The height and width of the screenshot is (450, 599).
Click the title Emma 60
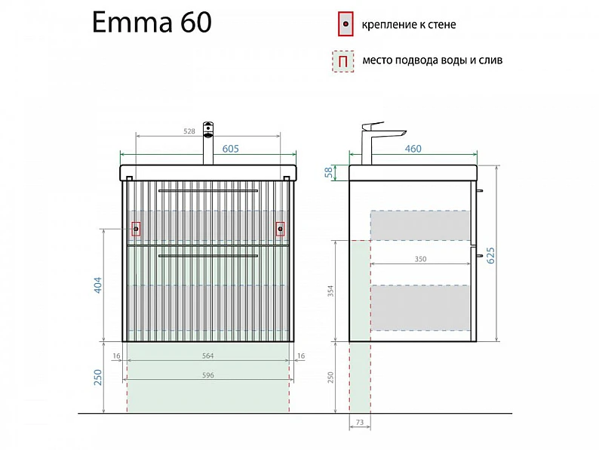[152, 22]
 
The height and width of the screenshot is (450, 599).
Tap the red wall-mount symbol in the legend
[346, 23]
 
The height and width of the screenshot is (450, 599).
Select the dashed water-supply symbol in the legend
[343, 61]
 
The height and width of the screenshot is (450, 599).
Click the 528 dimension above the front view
[189, 131]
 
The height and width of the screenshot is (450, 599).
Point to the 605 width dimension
[230, 149]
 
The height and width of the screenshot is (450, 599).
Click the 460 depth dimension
[413, 149]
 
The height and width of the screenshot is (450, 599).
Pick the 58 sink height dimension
[328, 173]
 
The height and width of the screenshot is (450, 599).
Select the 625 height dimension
[490, 255]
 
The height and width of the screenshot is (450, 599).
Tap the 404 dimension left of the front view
[98, 285]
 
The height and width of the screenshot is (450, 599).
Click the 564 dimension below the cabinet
[207, 356]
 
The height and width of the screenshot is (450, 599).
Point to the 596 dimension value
[207, 375]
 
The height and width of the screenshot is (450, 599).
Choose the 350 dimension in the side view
[420, 259]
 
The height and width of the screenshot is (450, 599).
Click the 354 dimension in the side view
[330, 291]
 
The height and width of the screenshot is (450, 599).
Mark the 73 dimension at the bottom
[360, 423]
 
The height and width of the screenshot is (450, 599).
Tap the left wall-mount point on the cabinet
[136, 229]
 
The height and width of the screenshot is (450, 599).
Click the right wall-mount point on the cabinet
[280, 229]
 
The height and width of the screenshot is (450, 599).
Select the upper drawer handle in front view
[207, 190]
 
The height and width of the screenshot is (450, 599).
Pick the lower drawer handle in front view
[207, 255]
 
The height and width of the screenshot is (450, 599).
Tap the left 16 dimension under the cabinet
[116, 356]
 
